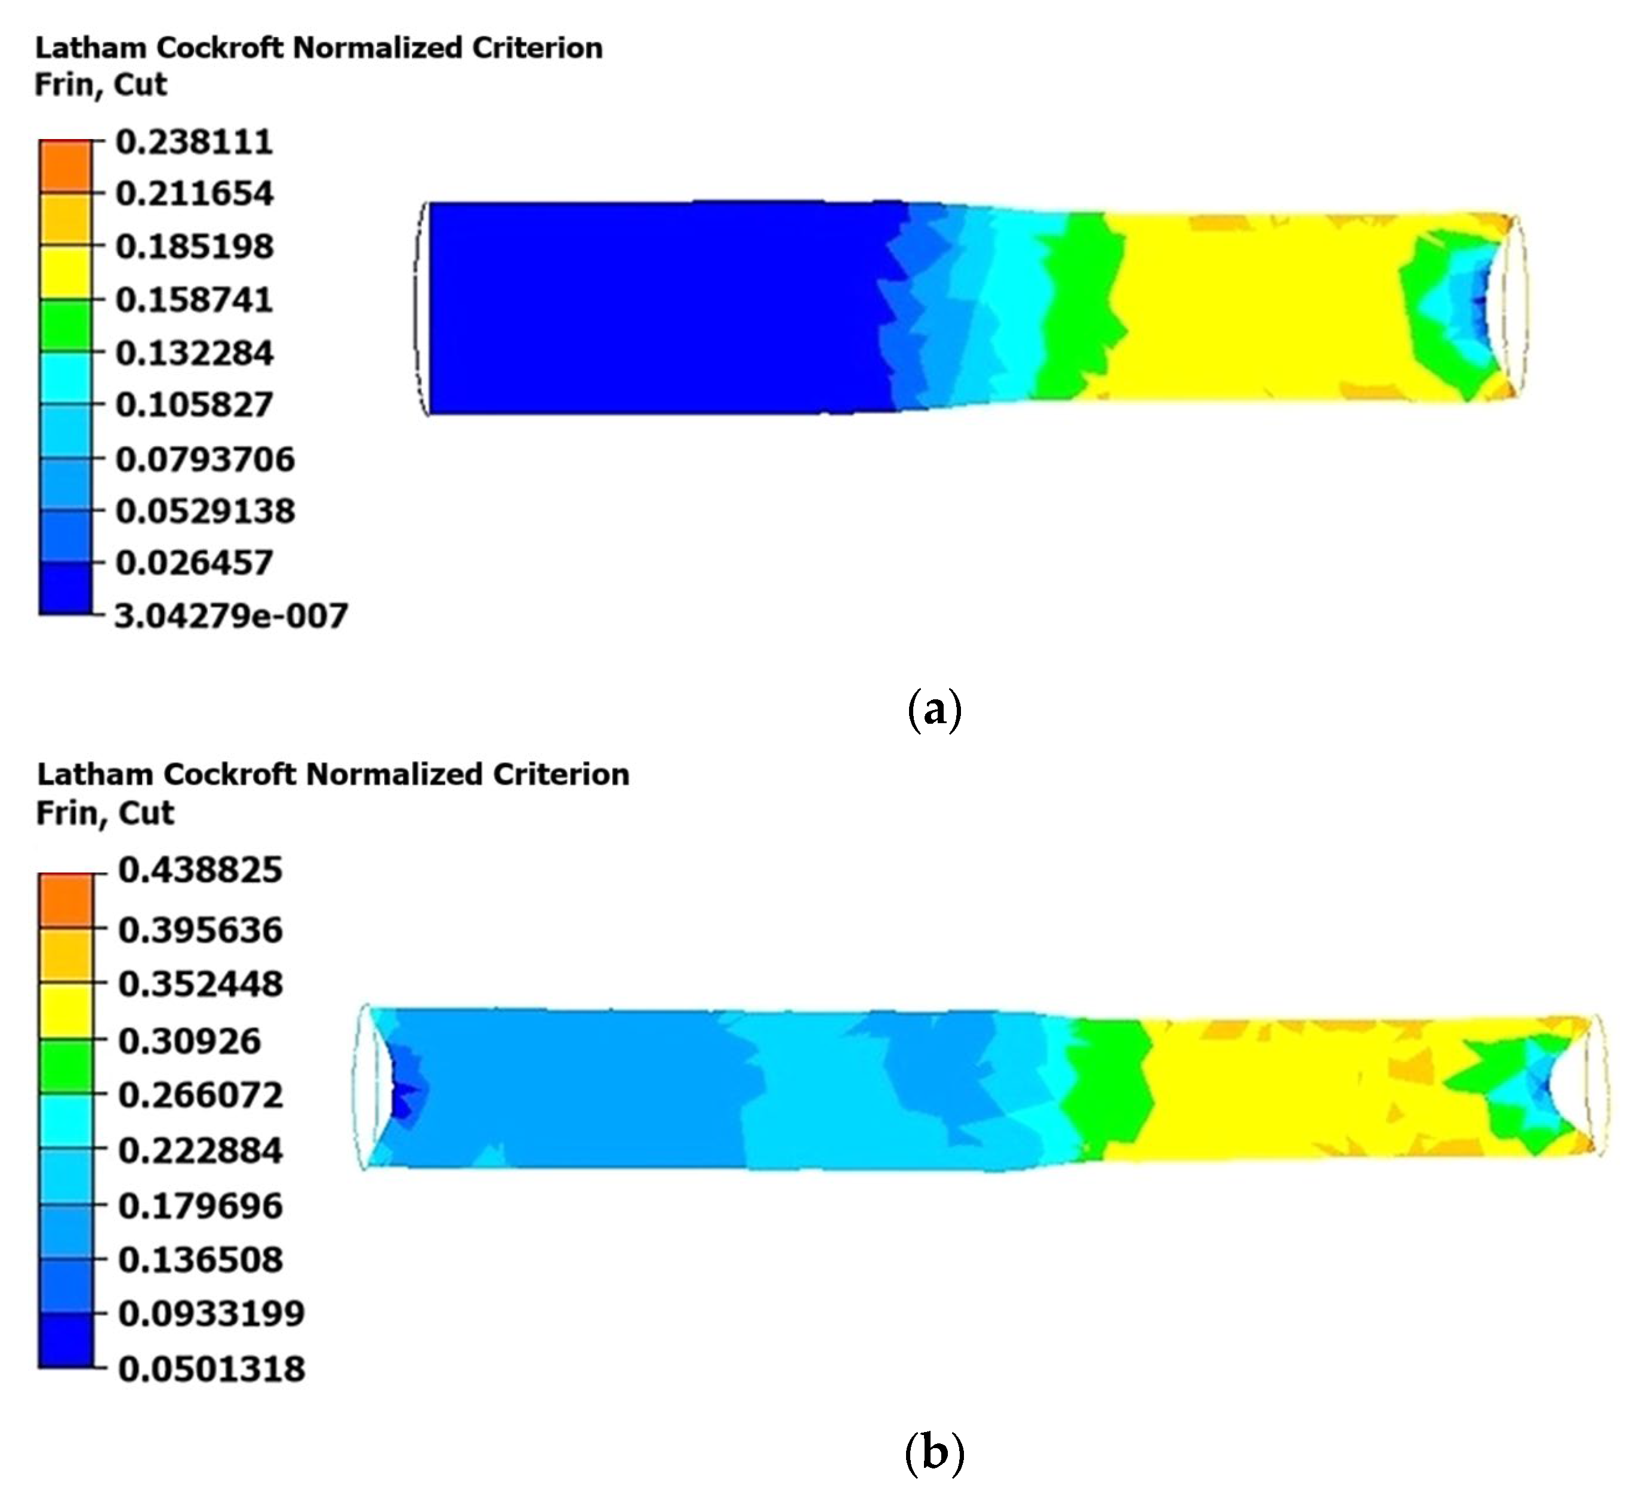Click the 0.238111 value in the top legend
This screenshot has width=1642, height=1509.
coord(195,142)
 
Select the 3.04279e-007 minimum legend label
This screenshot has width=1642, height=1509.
coord(231,616)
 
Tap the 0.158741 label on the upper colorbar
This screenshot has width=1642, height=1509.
coord(195,300)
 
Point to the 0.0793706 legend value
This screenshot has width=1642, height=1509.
coord(205,459)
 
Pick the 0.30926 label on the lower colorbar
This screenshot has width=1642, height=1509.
coord(190,1041)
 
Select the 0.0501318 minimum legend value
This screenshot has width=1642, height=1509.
coord(211,1369)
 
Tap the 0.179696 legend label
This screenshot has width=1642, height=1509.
coord(200,1206)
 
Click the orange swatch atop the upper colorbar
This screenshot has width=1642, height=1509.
coord(65,166)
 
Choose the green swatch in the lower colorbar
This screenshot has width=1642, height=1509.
coord(65,1066)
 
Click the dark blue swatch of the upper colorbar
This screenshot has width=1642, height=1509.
coord(65,588)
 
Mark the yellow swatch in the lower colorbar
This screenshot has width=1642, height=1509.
coord(65,1011)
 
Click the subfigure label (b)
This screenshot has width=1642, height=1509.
coord(935,1454)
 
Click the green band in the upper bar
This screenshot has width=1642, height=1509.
coord(1079,306)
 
